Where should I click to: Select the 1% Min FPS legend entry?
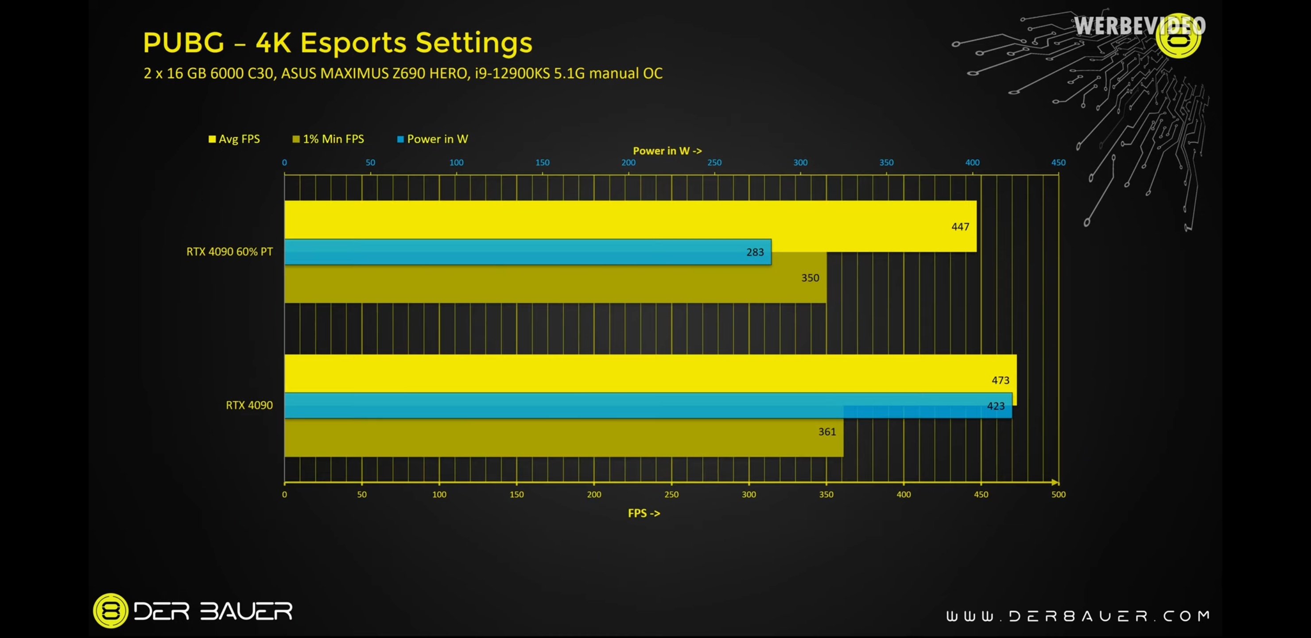pos(328,139)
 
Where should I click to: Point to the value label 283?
pos(755,252)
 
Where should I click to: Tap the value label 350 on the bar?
pos(810,278)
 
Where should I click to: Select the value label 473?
pos(1000,380)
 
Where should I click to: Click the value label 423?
pos(996,406)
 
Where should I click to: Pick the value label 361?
pos(826,432)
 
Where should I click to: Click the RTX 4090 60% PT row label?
pos(229,252)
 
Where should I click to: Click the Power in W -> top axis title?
pos(667,151)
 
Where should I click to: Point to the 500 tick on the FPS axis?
pos(1058,494)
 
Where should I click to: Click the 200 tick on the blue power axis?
pos(628,163)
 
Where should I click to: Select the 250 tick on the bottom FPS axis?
pos(671,494)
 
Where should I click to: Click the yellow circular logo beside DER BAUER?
pos(110,611)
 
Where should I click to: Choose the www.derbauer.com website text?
pos(1078,616)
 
